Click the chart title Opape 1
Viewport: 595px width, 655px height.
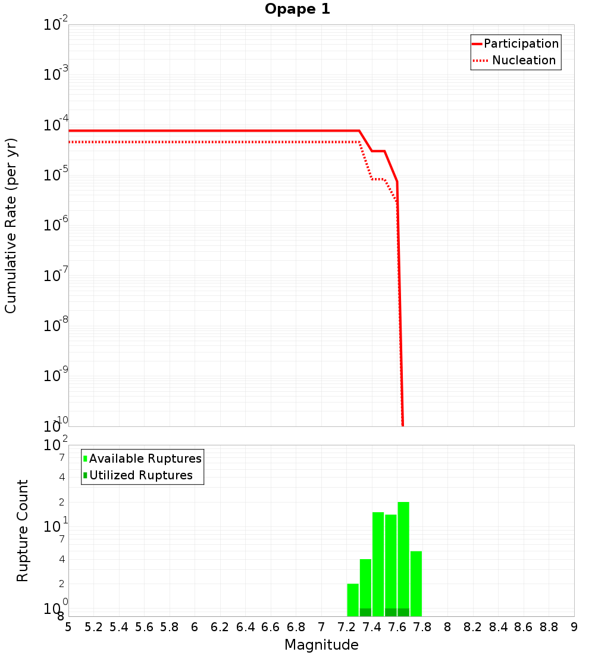point(297,10)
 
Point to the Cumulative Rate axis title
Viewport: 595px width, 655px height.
point(11,225)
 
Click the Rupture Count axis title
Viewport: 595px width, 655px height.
point(23,531)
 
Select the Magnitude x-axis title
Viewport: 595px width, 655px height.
point(321,645)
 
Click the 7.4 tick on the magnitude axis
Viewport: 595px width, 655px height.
point(372,627)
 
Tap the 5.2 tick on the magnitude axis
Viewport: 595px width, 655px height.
point(93,627)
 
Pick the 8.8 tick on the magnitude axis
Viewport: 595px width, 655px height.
point(549,627)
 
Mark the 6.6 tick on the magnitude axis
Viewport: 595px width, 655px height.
point(271,627)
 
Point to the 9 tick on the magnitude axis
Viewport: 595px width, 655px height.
point(574,627)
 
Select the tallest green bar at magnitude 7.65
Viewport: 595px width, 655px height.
point(403,554)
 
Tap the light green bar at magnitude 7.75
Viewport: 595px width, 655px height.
point(416,584)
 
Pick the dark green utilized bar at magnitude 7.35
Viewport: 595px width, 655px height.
point(365,612)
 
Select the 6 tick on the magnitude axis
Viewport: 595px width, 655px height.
point(195,627)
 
